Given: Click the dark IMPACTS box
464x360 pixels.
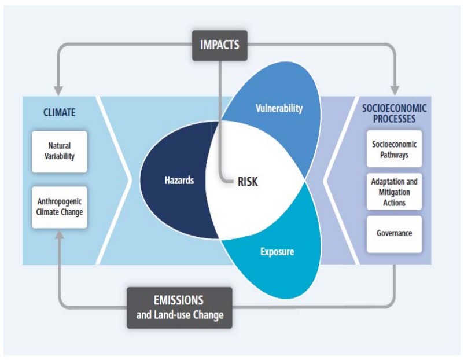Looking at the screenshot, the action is [x=220, y=45].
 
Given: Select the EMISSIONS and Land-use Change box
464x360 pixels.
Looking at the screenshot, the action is [x=179, y=307].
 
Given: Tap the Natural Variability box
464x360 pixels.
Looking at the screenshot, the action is [x=60, y=151].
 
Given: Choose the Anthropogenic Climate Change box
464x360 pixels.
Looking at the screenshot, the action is [x=60, y=207].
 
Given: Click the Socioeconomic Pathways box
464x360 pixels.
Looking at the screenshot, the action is [x=394, y=149].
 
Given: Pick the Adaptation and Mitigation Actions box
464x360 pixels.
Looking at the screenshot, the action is [x=394, y=192].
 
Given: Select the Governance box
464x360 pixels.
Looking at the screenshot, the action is [x=394, y=234].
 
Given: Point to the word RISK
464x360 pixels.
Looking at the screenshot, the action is [x=248, y=182].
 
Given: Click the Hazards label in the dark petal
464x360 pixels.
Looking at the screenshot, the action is [x=179, y=181].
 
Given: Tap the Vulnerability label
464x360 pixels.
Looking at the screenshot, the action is [x=279, y=108].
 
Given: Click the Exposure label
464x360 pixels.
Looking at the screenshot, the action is [x=277, y=252].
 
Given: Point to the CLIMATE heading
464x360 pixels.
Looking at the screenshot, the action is [x=60, y=112].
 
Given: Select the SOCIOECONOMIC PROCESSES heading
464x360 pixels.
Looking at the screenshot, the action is [x=394, y=113].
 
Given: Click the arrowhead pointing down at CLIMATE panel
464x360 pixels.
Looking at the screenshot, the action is [x=58, y=91].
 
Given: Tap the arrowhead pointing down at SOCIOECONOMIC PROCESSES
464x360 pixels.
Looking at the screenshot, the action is [x=395, y=91].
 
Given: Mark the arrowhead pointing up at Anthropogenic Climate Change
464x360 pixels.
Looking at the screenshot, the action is [x=60, y=235].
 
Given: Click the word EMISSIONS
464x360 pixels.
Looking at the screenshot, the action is [x=179, y=300].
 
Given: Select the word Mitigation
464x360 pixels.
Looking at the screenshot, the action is [x=394, y=192].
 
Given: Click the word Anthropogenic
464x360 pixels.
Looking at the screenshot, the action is [x=60, y=201].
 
